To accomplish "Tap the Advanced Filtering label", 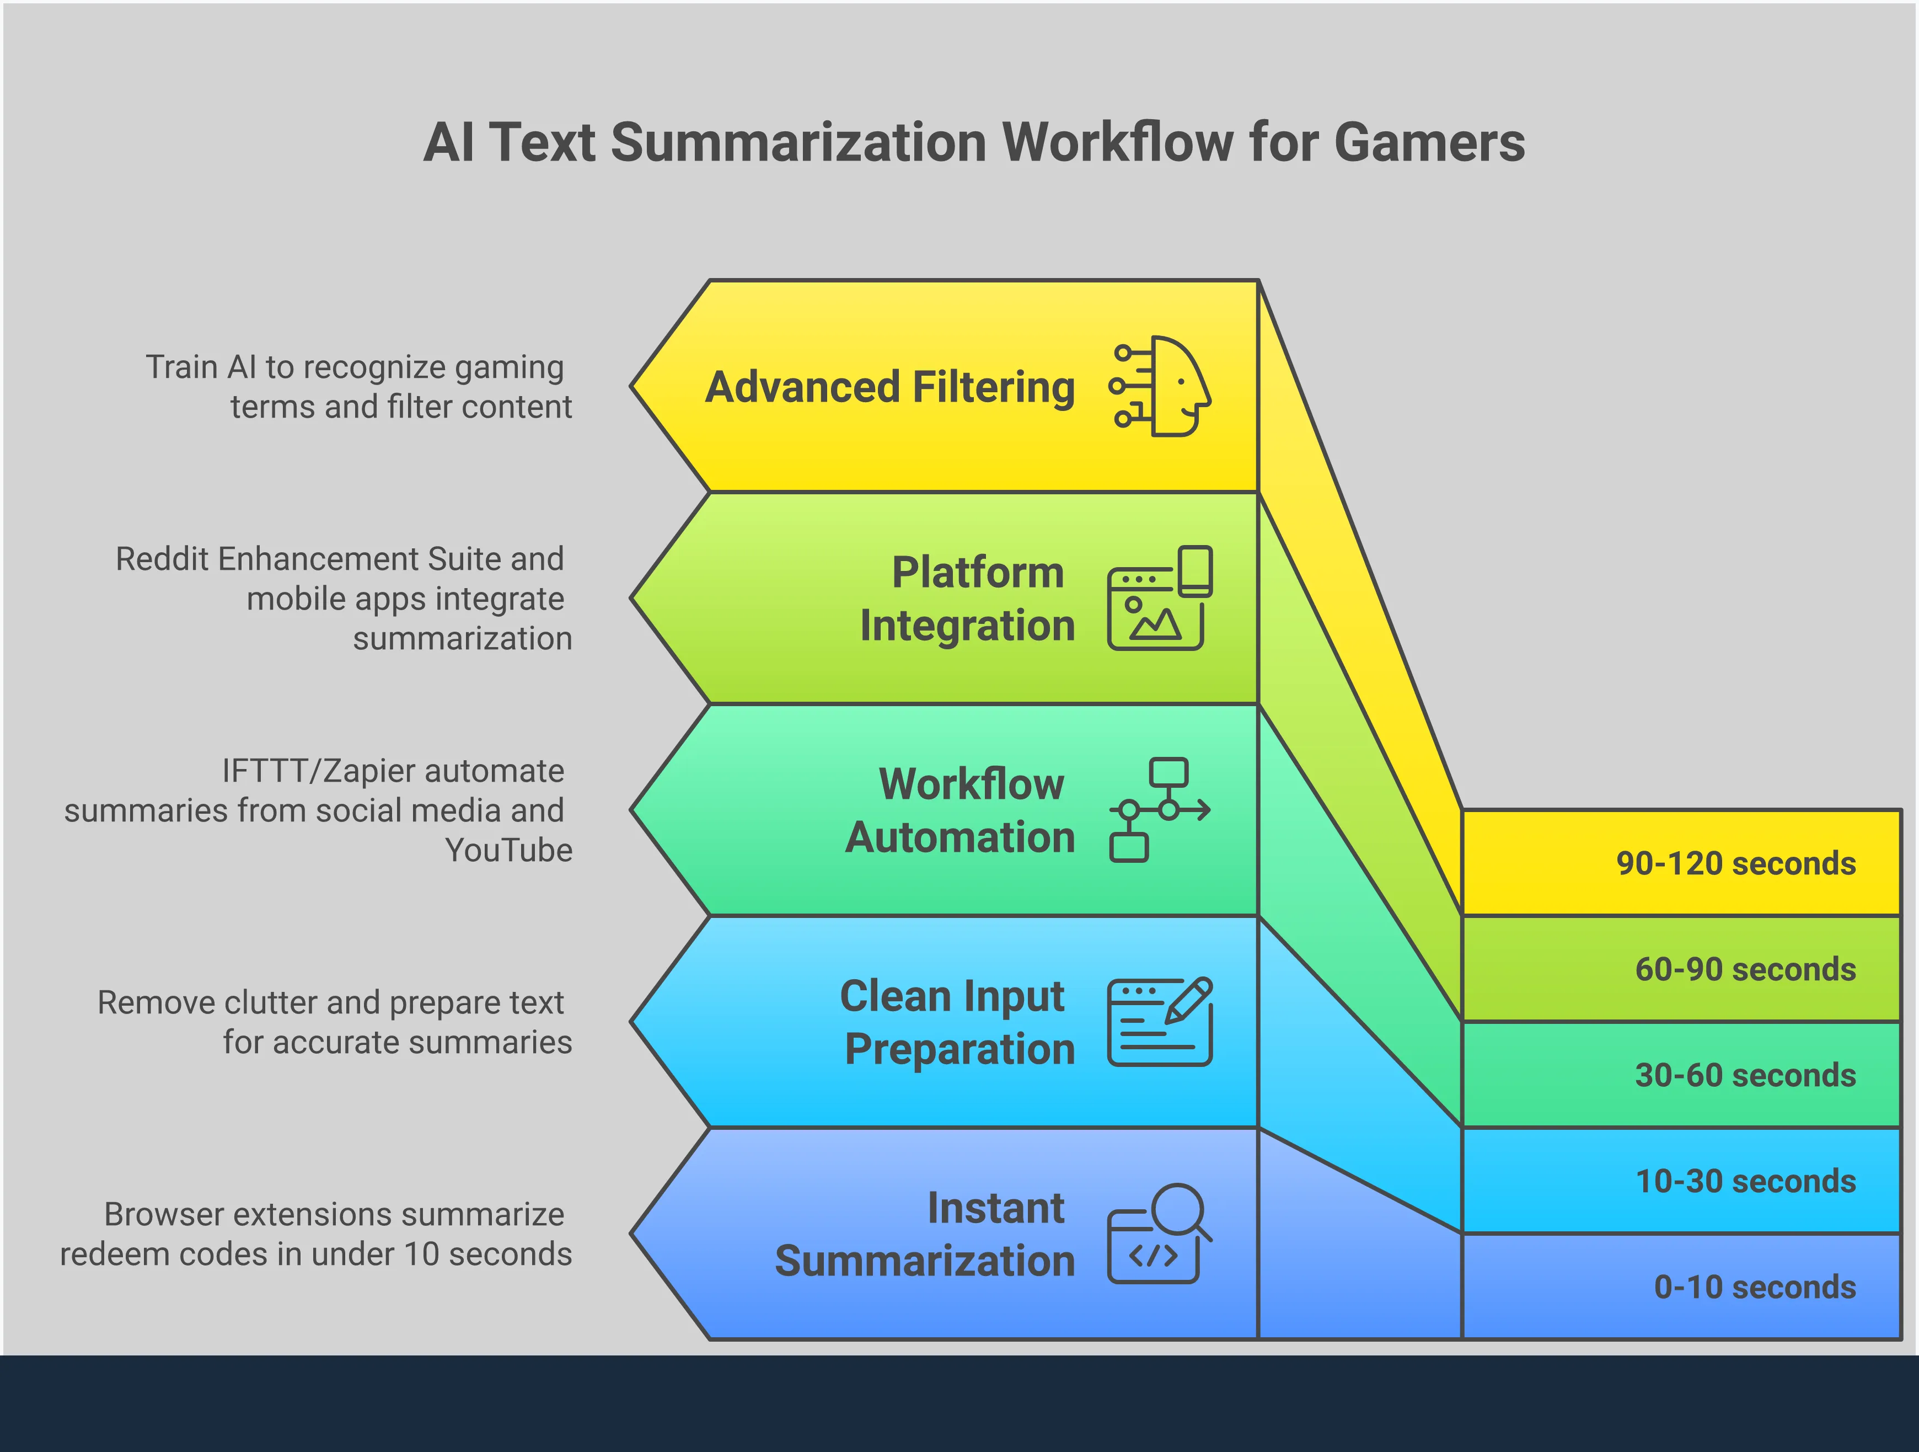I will [889, 387].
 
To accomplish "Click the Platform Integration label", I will [967, 599].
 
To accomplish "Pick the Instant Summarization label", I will [925, 1234].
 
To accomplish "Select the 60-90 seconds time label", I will [1745, 969].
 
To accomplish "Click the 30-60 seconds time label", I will [1745, 1075].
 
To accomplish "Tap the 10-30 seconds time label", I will [1745, 1181].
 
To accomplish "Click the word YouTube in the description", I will [508, 851].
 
